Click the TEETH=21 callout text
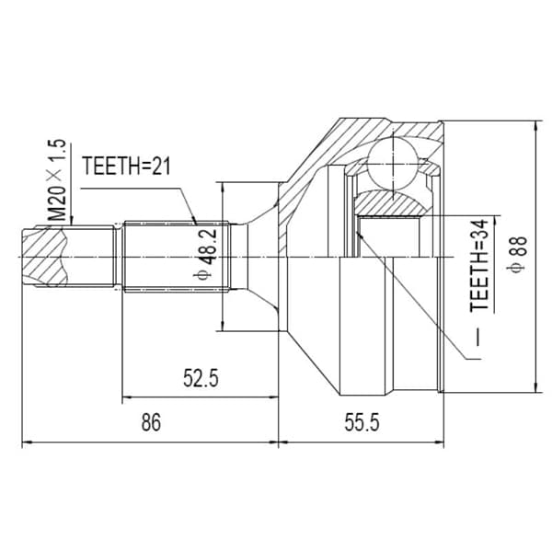(126, 167)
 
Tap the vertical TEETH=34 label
(479, 265)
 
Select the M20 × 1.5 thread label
(56, 180)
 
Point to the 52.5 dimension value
(201, 378)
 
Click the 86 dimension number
(151, 422)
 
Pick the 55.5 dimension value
(362, 422)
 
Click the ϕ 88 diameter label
(517, 254)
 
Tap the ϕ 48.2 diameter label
(203, 254)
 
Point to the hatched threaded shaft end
(45, 257)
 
